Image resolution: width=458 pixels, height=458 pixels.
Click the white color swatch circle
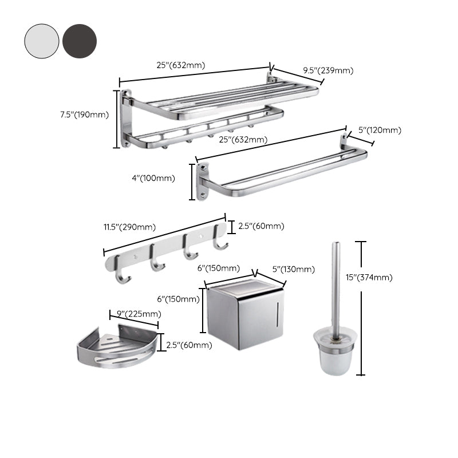[x=42, y=41]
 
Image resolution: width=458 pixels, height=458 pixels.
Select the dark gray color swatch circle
[x=80, y=41]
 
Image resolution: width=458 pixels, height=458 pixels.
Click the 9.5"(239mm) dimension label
[x=328, y=70]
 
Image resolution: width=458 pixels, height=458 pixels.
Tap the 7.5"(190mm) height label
[x=84, y=114]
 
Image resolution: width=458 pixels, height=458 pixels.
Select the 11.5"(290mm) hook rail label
[x=129, y=227]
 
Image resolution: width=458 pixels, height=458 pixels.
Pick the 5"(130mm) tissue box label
[x=293, y=270]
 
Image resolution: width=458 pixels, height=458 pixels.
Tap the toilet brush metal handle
[x=336, y=286]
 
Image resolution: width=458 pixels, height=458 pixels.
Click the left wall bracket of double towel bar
[x=203, y=181]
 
